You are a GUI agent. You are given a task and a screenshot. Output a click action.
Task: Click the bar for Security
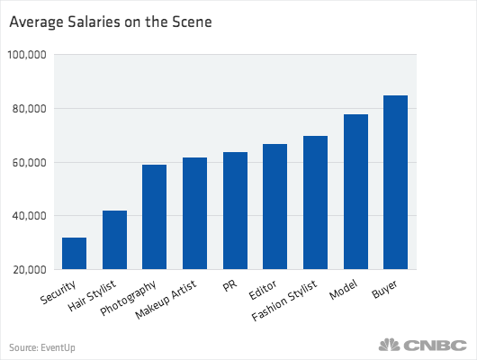pyautogui.click(x=75, y=254)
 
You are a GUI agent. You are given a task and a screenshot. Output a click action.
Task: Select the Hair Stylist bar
pyautogui.click(x=114, y=240)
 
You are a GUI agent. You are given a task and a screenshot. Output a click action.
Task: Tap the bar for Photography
pyautogui.click(x=155, y=217)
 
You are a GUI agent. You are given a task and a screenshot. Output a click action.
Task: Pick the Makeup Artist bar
pyautogui.click(x=194, y=213)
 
